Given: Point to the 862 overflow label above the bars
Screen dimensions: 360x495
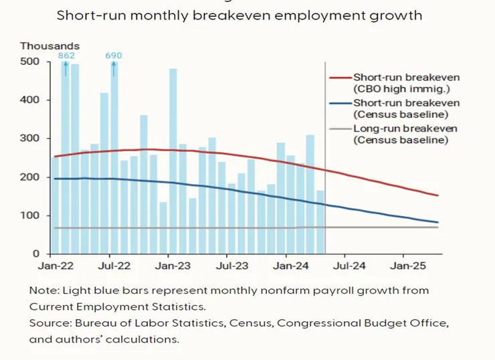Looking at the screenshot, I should (66, 56).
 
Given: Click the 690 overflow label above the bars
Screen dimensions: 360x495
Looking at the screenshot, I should (114, 56).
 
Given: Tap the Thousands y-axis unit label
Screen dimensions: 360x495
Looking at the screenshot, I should (50, 46).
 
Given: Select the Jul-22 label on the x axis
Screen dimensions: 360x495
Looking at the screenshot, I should (114, 266).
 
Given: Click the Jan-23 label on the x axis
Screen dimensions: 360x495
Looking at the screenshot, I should (173, 266).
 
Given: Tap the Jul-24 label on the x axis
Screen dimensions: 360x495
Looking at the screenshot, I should (349, 266).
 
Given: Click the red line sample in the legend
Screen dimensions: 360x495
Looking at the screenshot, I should (340, 78).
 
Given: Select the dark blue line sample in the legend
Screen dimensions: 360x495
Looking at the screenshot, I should (340, 103).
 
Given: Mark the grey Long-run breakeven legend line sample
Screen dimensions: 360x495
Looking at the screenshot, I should (340, 128).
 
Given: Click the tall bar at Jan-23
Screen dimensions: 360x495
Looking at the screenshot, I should (173, 161).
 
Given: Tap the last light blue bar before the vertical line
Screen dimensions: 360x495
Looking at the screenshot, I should (320, 222).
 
